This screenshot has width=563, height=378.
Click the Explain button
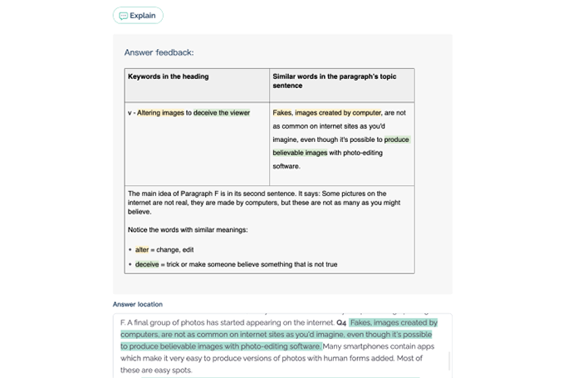pos(138,15)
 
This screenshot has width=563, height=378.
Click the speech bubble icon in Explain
pos(124,15)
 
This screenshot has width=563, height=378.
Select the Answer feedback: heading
pos(159,52)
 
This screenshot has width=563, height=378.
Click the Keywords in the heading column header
pos(168,76)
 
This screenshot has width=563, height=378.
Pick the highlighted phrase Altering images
pos(160,113)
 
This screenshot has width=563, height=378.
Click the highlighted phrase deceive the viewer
pos(222,113)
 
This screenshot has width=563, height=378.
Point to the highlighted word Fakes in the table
pos(282,113)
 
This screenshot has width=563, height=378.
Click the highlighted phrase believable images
pos(300,153)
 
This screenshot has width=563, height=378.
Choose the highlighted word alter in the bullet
pos(141,249)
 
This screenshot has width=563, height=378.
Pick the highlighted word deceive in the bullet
pos(147,264)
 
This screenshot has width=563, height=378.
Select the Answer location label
pos(138,304)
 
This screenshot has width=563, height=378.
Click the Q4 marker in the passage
pos(341,322)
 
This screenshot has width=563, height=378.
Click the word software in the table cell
pos(286,166)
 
